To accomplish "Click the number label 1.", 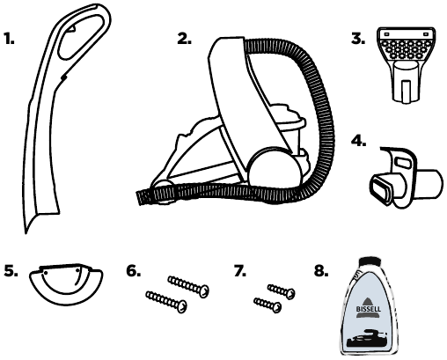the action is pyautogui.click(x=9, y=39).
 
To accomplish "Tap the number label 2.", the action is pyautogui.click(x=184, y=39).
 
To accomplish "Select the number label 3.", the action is pyautogui.click(x=358, y=39).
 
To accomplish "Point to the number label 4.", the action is pyautogui.click(x=359, y=141).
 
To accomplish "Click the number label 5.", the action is pyautogui.click(x=11, y=270).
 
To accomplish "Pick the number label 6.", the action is pyautogui.click(x=134, y=270).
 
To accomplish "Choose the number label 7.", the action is pyautogui.click(x=240, y=270).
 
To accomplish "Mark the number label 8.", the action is pyautogui.click(x=321, y=270).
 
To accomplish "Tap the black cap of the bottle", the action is pyautogui.click(x=370, y=261).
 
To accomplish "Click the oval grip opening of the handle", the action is pyautogui.click(x=80, y=37).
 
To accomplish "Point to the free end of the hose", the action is pyautogui.click(x=140, y=197).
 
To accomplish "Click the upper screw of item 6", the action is pyautogui.click(x=188, y=286).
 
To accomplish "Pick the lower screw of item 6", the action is pyautogui.click(x=166, y=302).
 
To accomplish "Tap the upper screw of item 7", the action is pyautogui.click(x=281, y=291).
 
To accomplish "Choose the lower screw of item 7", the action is pyautogui.click(x=267, y=305).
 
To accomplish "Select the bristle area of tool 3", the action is pyautogui.click(x=406, y=49).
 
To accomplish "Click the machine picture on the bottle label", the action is pyautogui.click(x=367, y=338).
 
